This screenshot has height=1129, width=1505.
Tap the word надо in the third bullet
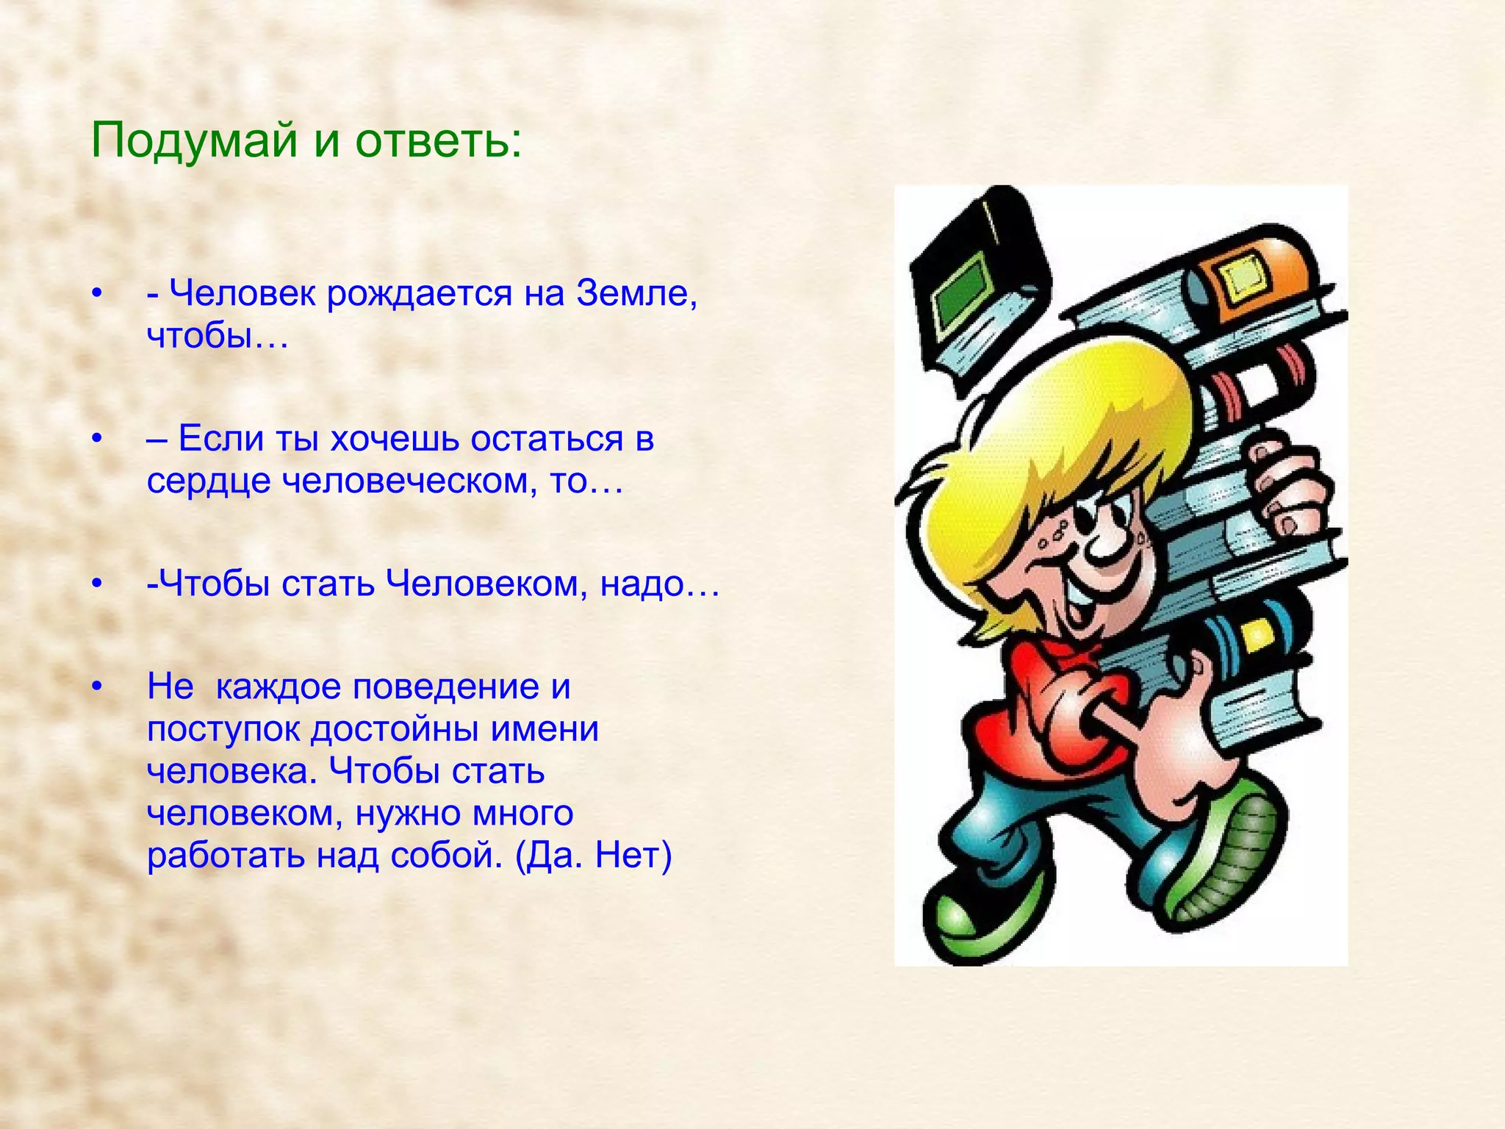pyautogui.click(x=653, y=584)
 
